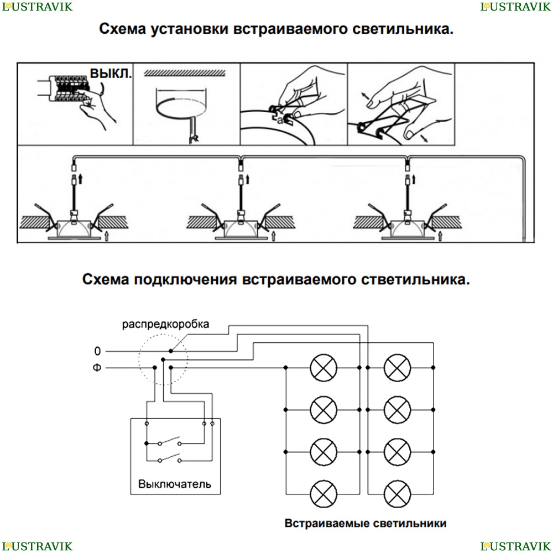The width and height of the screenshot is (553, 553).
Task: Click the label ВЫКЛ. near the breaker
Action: [111, 74]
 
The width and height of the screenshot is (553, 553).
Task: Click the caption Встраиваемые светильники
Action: [366, 523]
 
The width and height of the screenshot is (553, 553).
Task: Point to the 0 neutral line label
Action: [98, 351]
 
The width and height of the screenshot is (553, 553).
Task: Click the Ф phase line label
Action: [97, 367]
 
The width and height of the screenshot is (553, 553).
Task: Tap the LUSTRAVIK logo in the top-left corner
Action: [36, 7]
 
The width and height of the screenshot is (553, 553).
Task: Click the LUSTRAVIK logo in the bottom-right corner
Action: [516, 546]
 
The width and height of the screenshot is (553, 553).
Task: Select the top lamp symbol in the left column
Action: [323, 367]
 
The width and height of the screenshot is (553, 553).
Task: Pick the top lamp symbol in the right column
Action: [397, 367]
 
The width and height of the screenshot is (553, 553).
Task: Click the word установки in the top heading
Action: [189, 30]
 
